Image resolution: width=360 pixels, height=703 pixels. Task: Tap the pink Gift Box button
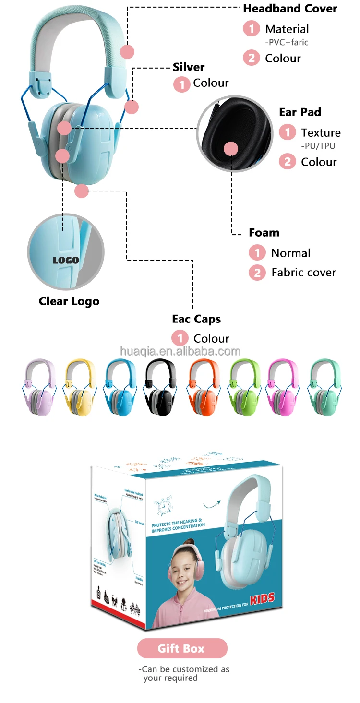[x=182, y=648]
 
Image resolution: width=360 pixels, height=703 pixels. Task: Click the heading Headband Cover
[x=290, y=9]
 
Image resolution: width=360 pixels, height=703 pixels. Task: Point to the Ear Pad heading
[x=300, y=112]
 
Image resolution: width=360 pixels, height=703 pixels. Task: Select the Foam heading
[x=264, y=233]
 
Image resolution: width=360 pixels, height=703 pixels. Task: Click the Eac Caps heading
[x=196, y=319]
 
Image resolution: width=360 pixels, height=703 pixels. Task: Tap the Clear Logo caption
[x=69, y=301]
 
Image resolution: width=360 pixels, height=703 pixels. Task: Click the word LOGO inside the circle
[x=66, y=261]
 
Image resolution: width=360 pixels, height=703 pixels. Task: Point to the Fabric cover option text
[x=303, y=273]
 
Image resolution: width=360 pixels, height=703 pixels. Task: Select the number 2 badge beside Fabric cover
[x=257, y=273]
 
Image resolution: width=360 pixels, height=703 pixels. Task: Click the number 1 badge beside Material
[x=251, y=29]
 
